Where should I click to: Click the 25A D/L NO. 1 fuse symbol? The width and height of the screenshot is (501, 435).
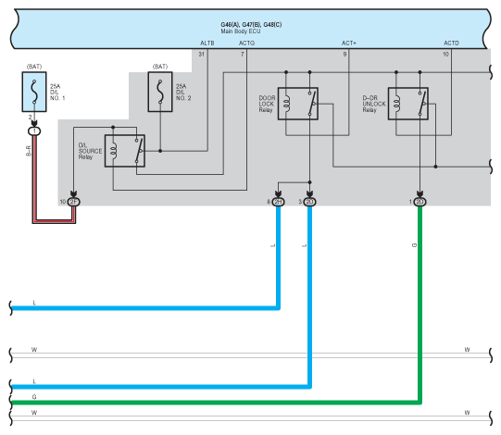pos(34,92)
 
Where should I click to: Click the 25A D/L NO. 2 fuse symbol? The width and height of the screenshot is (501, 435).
pos(160,92)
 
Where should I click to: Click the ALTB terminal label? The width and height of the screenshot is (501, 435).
pos(207,43)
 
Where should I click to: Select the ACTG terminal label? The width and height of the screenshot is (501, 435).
pos(246,43)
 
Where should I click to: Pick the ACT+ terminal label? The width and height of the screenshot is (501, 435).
pos(349,43)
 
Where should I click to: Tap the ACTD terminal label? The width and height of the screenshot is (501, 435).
pos(451,43)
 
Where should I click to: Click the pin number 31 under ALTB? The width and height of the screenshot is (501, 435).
pos(201,55)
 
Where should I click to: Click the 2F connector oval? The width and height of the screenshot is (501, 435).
pos(73,202)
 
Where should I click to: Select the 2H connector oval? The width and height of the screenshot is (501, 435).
pos(278,202)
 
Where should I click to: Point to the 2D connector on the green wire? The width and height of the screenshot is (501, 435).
pos(420,202)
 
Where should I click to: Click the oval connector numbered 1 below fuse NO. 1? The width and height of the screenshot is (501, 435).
pos(34,131)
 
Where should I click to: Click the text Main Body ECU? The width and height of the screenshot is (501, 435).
pos(241,31)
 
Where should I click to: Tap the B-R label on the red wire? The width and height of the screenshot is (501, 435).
pos(29,151)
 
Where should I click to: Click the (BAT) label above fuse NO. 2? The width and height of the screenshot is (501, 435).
pos(160,67)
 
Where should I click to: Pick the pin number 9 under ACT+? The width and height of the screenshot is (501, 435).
pos(344,55)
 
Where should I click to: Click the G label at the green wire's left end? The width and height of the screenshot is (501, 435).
pos(34,397)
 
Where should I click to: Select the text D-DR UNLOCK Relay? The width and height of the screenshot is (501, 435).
pos(374,104)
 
